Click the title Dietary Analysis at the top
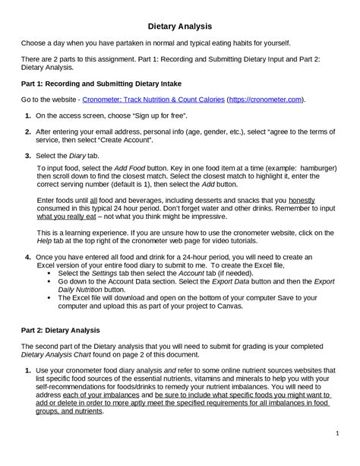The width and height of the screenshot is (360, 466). (x=180, y=26)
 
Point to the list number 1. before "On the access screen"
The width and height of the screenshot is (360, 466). (x=28, y=116)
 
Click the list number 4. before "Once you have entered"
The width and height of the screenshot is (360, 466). (x=28, y=258)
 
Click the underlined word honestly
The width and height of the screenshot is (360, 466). (x=302, y=199)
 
